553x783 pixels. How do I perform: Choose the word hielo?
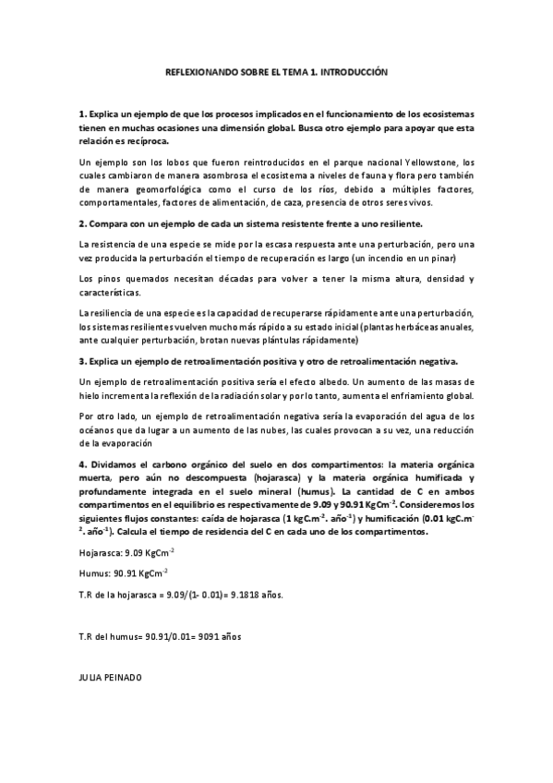coord(90,395)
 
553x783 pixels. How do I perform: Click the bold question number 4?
coord(83,464)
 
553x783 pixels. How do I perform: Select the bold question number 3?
coord(83,360)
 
